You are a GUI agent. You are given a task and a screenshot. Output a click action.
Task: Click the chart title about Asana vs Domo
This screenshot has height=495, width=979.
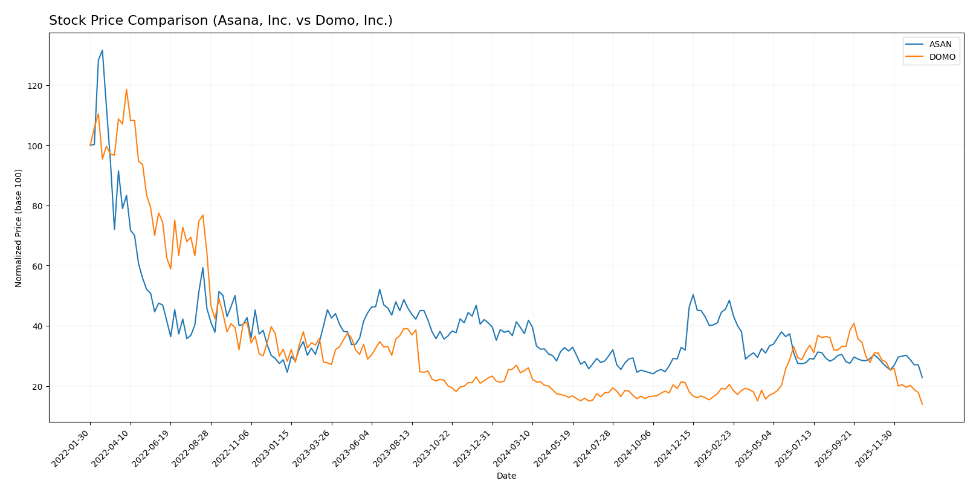(221, 21)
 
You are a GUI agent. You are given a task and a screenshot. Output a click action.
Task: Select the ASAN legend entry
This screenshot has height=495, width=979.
(940, 45)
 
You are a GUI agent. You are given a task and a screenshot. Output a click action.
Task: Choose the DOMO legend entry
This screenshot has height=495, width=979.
(942, 57)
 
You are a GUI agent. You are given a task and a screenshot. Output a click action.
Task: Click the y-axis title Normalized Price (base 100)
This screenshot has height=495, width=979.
(19, 228)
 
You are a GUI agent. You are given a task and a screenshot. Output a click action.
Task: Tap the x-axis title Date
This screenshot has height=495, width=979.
(506, 476)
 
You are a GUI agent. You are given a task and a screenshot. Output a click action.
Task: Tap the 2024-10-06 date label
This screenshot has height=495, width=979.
(635, 448)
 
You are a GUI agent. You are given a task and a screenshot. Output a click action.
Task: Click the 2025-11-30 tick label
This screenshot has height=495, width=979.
(876, 448)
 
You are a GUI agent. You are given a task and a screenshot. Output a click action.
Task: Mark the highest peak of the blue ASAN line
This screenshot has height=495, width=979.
(102, 50)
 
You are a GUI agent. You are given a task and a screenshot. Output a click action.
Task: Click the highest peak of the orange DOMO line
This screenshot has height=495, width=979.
(126, 89)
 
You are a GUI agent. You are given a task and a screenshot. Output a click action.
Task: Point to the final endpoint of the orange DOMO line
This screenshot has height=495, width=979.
(922, 404)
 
